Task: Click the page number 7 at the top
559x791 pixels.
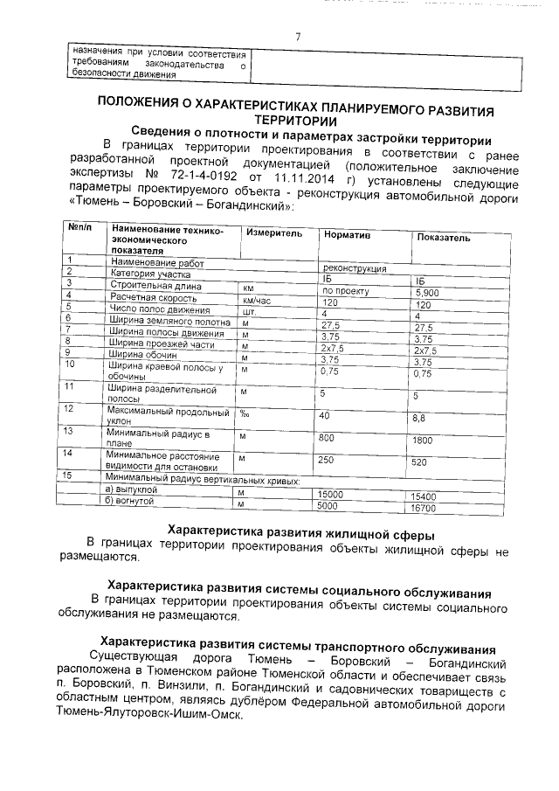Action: tap(297, 36)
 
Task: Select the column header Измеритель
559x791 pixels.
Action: tap(273, 233)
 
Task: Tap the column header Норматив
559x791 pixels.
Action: tap(347, 235)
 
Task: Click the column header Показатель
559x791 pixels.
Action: tap(443, 237)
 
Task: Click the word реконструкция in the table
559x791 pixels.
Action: tap(355, 268)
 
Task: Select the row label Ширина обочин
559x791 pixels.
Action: tap(143, 355)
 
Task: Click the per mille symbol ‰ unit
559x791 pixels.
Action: tap(245, 413)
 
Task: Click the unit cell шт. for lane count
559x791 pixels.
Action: tap(248, 310)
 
